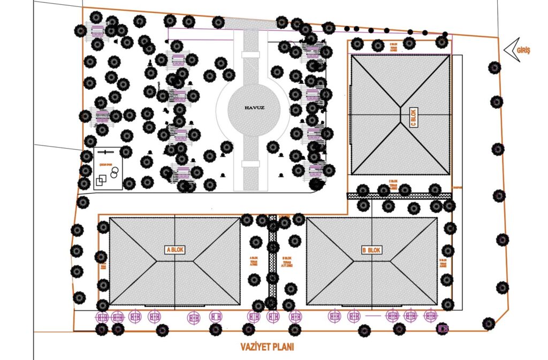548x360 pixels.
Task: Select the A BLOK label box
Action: (175, 249)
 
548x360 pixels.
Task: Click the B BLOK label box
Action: (371, 250)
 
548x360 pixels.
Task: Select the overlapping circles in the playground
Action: (114, 172)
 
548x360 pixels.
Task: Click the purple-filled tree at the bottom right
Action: (443, 328)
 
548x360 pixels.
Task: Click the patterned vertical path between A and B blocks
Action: (272, 262)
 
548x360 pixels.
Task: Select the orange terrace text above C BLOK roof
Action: (393, 47)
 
